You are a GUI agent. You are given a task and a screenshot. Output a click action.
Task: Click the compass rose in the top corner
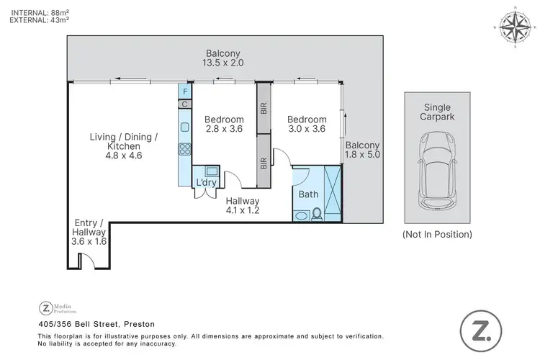tap(514, 29)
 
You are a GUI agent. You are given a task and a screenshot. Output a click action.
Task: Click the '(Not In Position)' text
tap(437, 234)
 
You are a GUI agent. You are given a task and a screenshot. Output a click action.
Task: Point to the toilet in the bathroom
tap(316, 213)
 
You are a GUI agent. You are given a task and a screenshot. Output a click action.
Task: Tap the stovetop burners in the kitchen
tap(184, 150)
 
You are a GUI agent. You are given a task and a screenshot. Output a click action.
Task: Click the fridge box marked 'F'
tap(185, 91)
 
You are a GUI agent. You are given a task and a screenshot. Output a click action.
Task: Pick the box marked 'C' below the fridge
tap(185, 104)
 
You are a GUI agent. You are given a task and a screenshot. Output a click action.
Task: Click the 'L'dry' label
tap(207, 183)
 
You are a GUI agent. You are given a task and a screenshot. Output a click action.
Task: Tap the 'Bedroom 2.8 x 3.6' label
tap(224, 125)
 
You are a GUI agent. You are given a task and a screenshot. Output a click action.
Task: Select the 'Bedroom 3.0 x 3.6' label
tap(307, 125)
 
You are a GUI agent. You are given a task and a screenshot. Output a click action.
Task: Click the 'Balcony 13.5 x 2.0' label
tap(223, 58)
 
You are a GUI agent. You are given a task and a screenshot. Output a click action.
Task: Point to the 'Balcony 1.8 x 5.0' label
tap(362, 149)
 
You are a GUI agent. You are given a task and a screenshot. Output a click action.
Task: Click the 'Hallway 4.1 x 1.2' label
tap(243, 206)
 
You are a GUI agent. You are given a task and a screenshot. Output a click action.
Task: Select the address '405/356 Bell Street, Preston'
tap(97, 325)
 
